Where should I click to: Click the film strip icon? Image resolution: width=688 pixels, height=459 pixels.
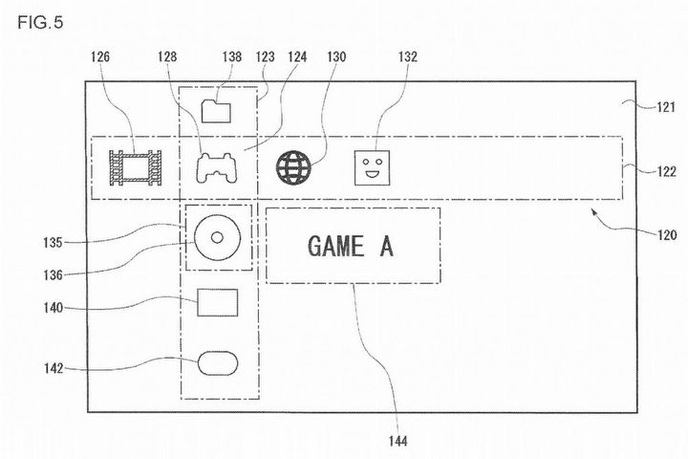pos(135,167)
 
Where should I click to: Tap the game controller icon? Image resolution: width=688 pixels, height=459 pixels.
pos(216,167)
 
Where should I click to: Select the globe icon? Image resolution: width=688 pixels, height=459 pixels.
pos(293,167)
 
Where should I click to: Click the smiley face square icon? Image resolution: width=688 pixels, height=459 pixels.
pos(372,167)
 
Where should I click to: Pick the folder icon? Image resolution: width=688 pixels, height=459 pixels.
pos(216,111)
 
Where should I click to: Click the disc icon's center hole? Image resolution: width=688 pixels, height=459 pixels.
pos(217,237)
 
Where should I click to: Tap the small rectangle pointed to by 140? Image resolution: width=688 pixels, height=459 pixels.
pos(218,302)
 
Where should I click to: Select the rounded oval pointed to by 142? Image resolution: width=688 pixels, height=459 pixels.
pos(218,363)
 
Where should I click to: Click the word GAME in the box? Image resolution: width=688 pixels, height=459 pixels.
pos(335,246)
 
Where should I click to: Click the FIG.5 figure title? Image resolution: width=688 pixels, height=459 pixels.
pos(40,22)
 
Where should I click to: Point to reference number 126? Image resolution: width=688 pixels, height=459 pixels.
pos(100,56)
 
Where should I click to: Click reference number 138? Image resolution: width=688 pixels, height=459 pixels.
pos(232,56)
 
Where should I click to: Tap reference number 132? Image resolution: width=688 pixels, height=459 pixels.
pos(408,56)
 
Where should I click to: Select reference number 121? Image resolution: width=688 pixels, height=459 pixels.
pos(666,107)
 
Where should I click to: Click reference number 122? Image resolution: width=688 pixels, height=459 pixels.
pos(667,171)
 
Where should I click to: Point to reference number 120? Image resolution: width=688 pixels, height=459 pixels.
pos(667,235)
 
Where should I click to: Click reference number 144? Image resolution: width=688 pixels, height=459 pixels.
pos(398,441)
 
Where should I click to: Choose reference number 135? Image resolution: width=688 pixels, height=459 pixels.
pos(53,243)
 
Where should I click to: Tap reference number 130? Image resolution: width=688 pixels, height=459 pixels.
pos(336,56)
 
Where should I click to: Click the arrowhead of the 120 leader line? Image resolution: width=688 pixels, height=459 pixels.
pos(594,211)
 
